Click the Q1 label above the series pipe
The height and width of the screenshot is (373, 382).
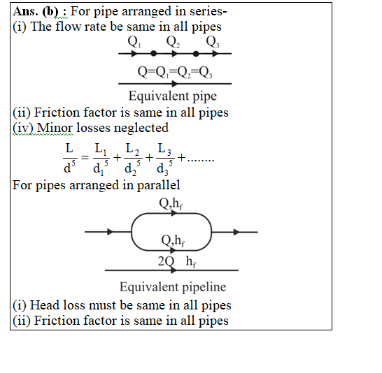[134, 42]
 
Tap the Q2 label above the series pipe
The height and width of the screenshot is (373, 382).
[173, 42]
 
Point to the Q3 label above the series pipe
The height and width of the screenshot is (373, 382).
[213, 42]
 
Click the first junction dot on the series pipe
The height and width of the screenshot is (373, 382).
[153, 53]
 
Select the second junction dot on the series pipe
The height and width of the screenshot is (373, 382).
[196, 53]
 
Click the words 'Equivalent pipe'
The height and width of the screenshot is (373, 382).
[173, 96]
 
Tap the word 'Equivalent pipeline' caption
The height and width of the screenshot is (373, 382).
[173, 287]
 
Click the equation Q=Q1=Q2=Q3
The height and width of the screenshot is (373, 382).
[175, 72]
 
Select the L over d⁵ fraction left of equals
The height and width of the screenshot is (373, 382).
[70, 159]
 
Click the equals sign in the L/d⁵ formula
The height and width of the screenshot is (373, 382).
[85, 158]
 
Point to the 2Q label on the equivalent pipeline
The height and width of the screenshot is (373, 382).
[166, 261]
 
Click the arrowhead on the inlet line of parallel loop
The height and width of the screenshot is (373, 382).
[111, 232]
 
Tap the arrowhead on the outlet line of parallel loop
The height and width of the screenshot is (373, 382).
[236, 232]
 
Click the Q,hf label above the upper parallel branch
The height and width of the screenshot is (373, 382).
[171, 203]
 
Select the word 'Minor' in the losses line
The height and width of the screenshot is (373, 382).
[55, 128]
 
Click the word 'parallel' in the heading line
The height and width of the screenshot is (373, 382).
[159, 186]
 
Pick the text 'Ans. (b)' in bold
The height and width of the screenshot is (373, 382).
[36, 11]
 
